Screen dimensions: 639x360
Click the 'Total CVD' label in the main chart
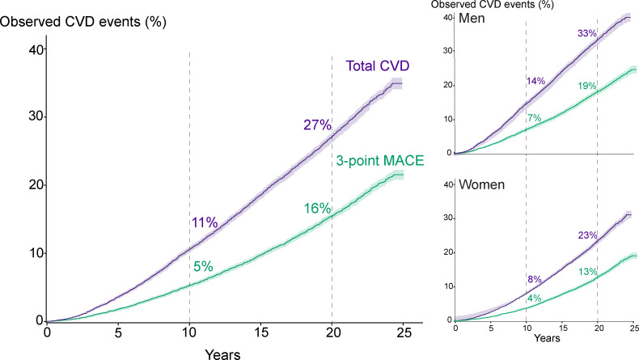point(378,66)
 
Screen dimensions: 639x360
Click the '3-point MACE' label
point(380,161)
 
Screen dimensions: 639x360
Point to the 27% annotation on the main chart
point(317,125)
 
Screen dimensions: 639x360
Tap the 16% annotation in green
point(317,209)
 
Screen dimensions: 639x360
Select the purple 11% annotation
point(205,222)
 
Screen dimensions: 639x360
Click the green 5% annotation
point(203,267)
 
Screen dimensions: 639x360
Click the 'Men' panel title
point(472,19)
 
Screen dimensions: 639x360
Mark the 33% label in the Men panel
point(587,33)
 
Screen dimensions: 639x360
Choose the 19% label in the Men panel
point(587,86)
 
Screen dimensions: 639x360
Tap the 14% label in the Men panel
point(535,81)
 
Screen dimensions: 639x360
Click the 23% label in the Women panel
point(588,235)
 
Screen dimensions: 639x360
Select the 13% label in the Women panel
point(588,272)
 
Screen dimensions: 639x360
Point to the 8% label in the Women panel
point(535,279)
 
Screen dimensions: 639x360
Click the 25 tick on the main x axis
point(403,332)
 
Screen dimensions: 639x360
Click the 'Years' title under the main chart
point(222,354)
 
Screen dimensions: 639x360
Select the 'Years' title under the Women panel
point(547,338)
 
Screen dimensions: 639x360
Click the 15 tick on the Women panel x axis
point(562,328)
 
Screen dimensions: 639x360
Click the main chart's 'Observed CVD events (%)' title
point(83,21)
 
